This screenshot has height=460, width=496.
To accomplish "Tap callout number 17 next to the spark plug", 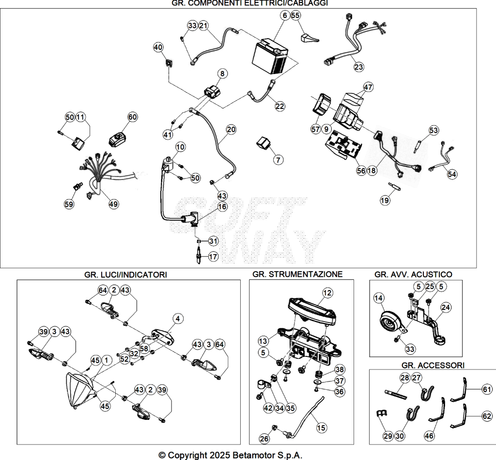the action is (213, 256).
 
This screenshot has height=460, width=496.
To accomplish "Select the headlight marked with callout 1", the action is (79, 391).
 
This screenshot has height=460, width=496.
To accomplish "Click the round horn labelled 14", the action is (391, 323).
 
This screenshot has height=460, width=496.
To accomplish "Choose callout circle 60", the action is (132, 117).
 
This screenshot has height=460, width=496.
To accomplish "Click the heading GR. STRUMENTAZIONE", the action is (297, 274).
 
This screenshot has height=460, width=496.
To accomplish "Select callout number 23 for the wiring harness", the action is (358, 67).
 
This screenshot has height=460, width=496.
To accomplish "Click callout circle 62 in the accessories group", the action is (487, 416).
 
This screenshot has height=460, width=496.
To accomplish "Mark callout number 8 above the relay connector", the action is (222, 74).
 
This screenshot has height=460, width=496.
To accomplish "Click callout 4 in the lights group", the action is (178, 319).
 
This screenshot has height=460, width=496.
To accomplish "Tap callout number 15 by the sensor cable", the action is (321, 428).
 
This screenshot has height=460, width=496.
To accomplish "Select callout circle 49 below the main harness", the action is (113, 204).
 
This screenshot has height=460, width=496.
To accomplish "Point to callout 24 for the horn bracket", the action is (446, 307).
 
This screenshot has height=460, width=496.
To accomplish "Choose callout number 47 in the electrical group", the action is (368, 87).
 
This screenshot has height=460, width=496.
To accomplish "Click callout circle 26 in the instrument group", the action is (264, 439).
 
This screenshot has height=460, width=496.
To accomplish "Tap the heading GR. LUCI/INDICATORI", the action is (125, 275).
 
